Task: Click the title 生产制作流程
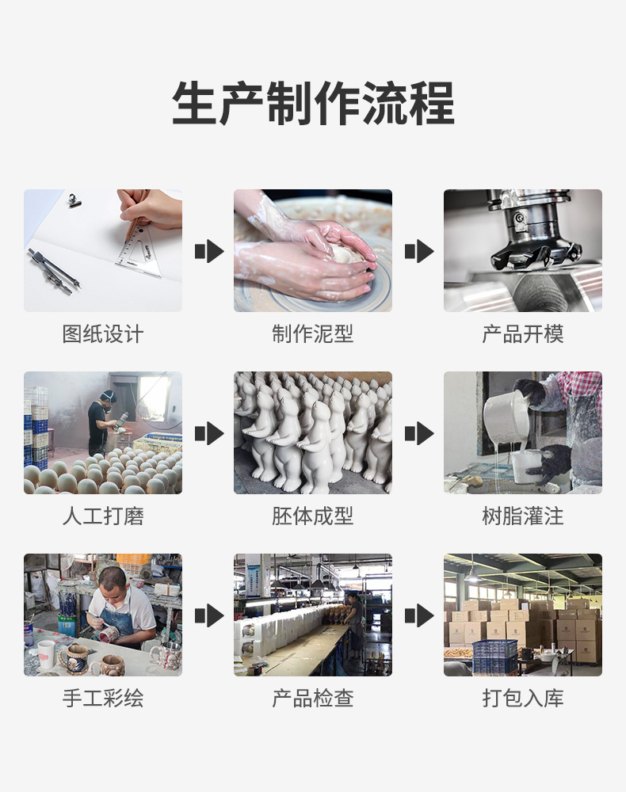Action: click(x=313, y=104)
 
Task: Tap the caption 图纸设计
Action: click(x=103, y=334)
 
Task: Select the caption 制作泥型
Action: click(x=313, y=334)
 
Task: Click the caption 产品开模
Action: click(x=523, y=334)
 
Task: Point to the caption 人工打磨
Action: click(x=103, y=516)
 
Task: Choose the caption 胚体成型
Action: click(x=313, y=516)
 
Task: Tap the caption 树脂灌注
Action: click(x=523, y=516)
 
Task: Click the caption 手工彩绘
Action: click(x=103, y=699)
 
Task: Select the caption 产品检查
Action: click(x=313, y=699)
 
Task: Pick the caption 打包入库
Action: click(x=523, y=699)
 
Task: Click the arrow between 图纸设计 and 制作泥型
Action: click(x=208, y=251)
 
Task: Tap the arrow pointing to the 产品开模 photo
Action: click(x=418, y=251)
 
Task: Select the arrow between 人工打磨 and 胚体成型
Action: click(x=208, y=433)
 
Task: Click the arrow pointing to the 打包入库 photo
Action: click(x=418, y=615)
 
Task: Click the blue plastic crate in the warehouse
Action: click(x=494, y=657)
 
